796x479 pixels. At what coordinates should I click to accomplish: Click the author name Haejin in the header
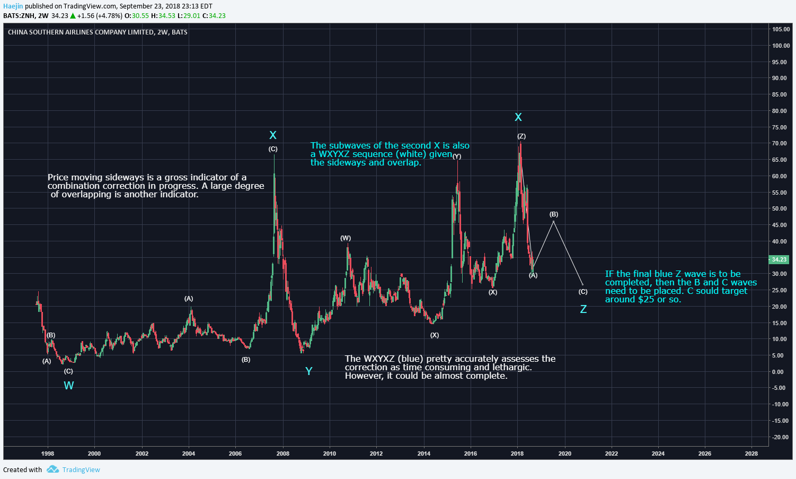click(13, 6)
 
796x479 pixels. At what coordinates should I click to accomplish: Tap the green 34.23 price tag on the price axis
click(779, 259)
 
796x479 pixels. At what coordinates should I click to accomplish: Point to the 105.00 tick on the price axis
click(780, 29)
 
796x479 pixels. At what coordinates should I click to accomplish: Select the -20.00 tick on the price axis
click(780, 437)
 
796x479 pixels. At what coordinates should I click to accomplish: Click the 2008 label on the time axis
click(282, 454)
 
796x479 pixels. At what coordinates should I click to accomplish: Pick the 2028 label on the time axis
click(751, 454)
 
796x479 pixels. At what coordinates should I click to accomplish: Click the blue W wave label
click(69, 386)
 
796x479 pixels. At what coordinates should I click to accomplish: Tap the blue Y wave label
click(308, 371)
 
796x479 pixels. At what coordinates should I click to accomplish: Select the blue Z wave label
click(583, 309)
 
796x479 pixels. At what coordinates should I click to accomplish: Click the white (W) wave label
click(346, 238)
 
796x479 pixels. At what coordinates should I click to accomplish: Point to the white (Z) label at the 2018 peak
click(521, 136)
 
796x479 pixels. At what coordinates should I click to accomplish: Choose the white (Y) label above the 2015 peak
click(456, 156)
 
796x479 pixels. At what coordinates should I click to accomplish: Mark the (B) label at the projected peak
click(554, 214)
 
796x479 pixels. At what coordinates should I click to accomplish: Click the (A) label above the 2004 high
click(189, 299)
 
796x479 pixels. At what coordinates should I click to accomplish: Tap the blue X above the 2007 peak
click(273, 135)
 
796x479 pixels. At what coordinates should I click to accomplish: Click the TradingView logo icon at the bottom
click(52, 469)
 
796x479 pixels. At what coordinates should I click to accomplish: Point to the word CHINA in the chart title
click(17, 32)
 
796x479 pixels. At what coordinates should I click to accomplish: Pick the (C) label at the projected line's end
click(583, 292)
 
